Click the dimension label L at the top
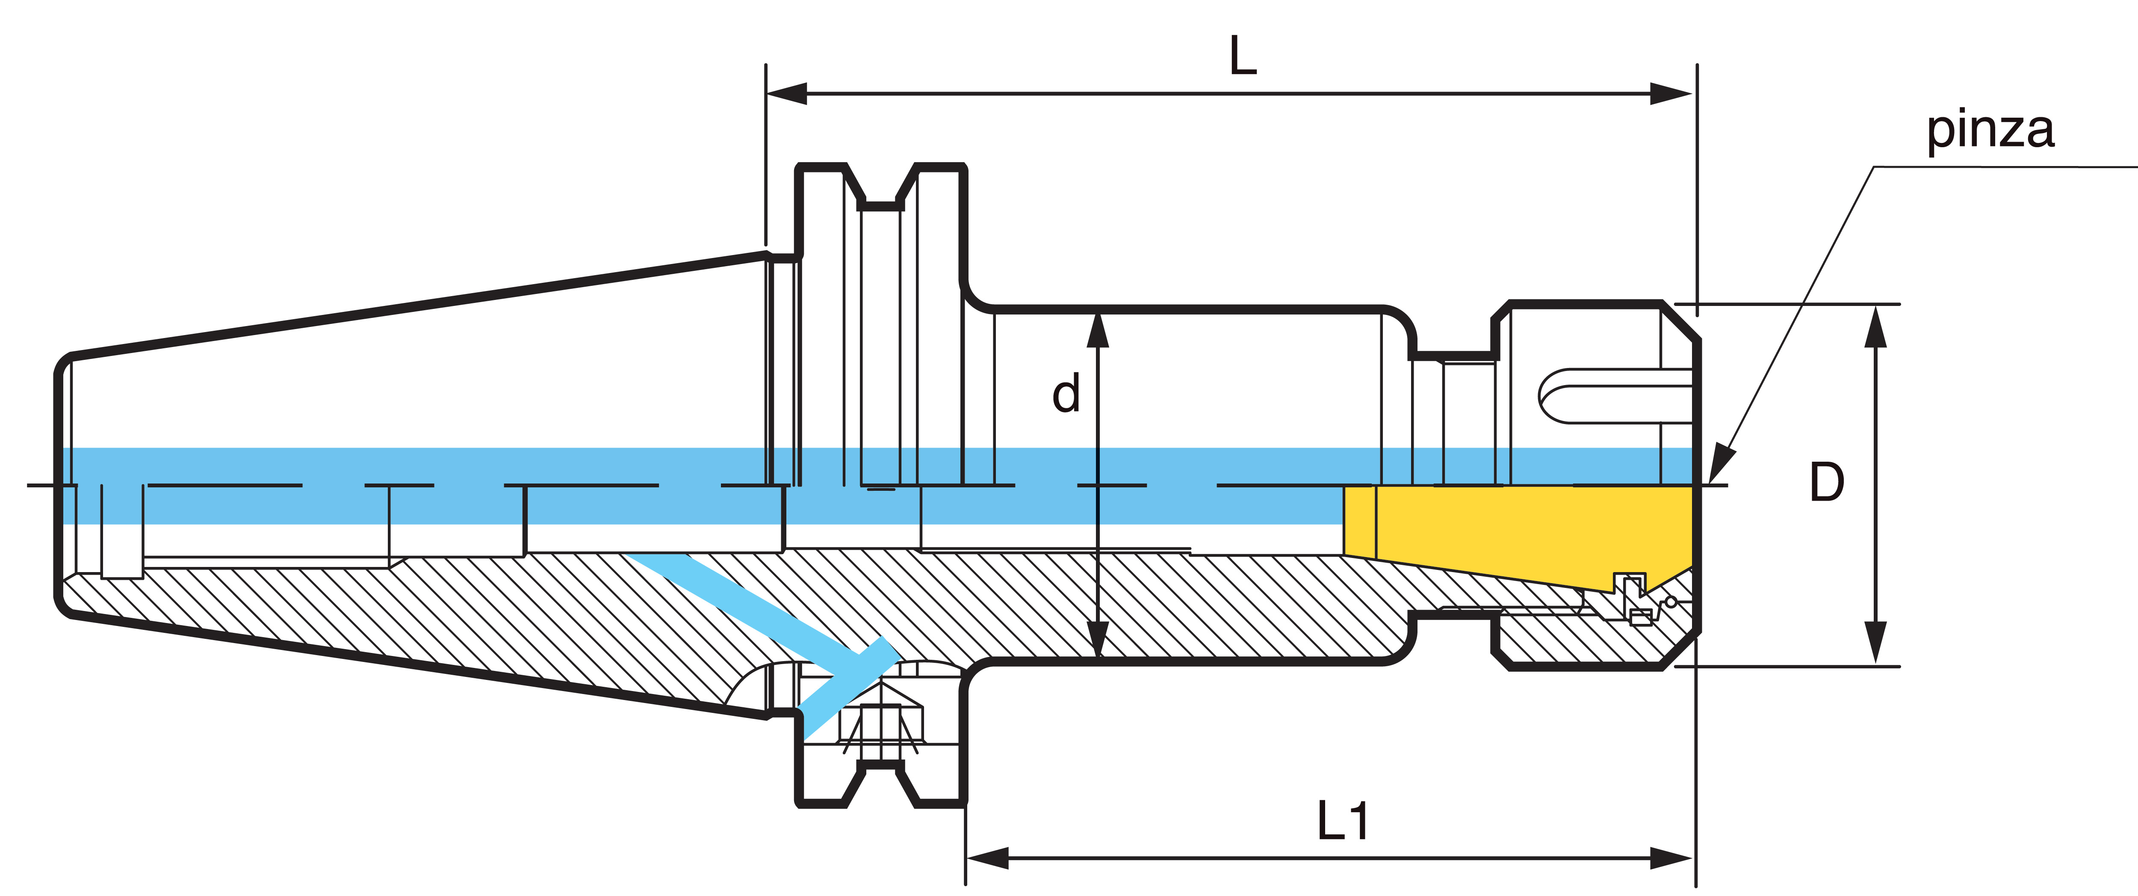1243,56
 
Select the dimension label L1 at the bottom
1342,820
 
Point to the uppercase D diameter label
1826,483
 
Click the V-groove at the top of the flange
880,187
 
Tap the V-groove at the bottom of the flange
880,785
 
